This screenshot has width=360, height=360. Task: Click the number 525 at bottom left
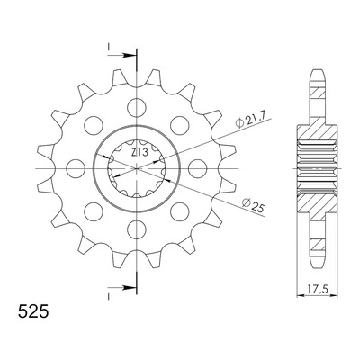tap(33, 311)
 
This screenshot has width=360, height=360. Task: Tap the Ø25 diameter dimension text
tap(253, 205)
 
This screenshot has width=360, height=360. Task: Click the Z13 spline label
tap(139, 153)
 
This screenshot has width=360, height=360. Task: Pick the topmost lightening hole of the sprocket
tap(137, 107)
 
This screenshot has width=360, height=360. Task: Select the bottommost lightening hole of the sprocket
tap(137, 229)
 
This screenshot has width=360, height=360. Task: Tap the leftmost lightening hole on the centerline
tap(76, 168)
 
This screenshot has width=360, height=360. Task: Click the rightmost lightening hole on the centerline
tap(198, 168)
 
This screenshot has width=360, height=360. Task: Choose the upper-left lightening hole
tap(94, 125)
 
